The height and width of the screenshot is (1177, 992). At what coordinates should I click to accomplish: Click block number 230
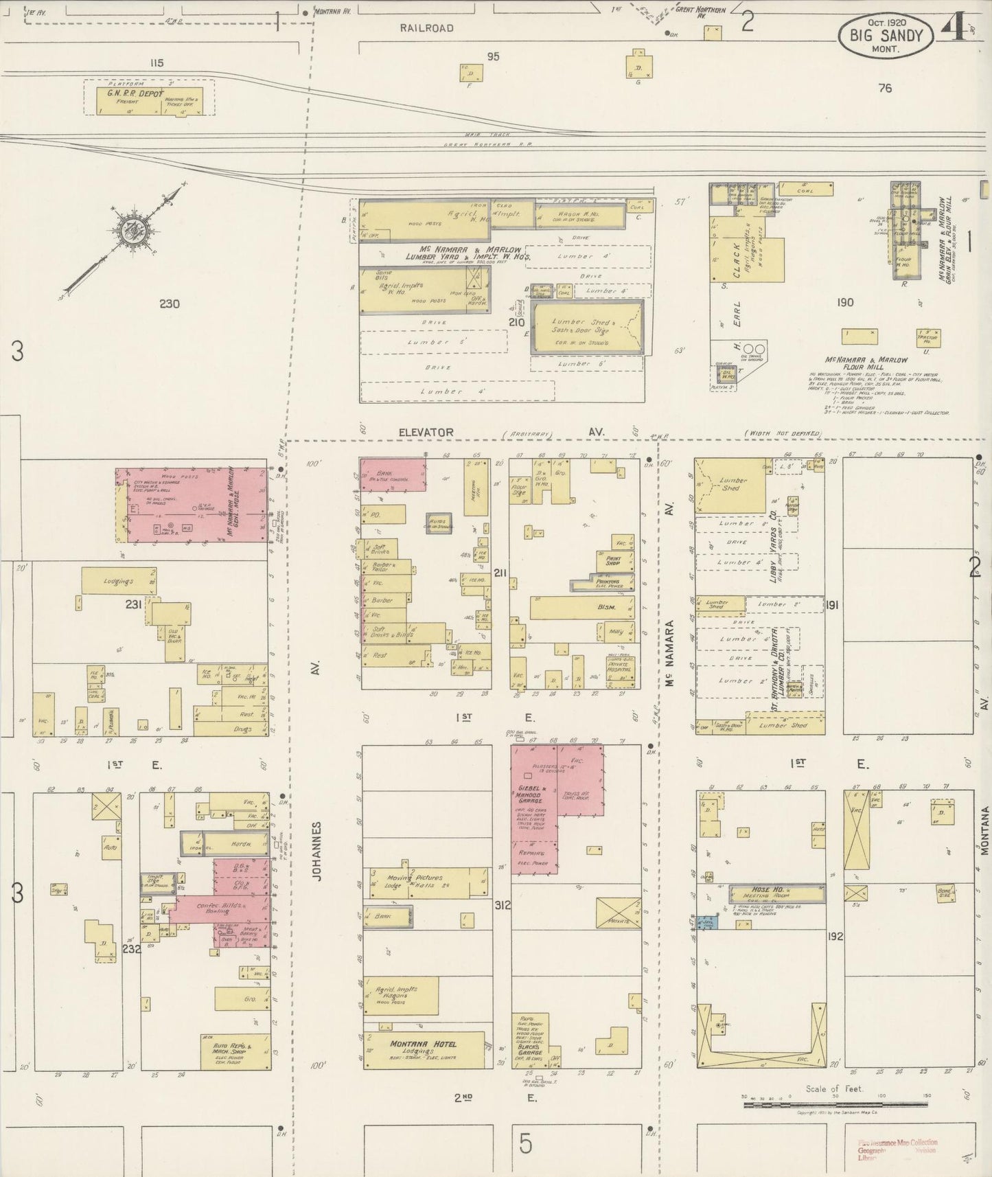(x=169, y=304)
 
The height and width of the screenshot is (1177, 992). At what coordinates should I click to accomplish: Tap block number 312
(x=502, y=905)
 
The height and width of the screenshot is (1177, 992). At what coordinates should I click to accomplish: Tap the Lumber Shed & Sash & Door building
(x=587, y=327)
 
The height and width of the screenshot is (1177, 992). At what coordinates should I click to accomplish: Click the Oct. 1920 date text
(x=885, y=22)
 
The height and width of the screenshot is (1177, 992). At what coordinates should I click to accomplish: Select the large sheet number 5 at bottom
(x=525, y=1144)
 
